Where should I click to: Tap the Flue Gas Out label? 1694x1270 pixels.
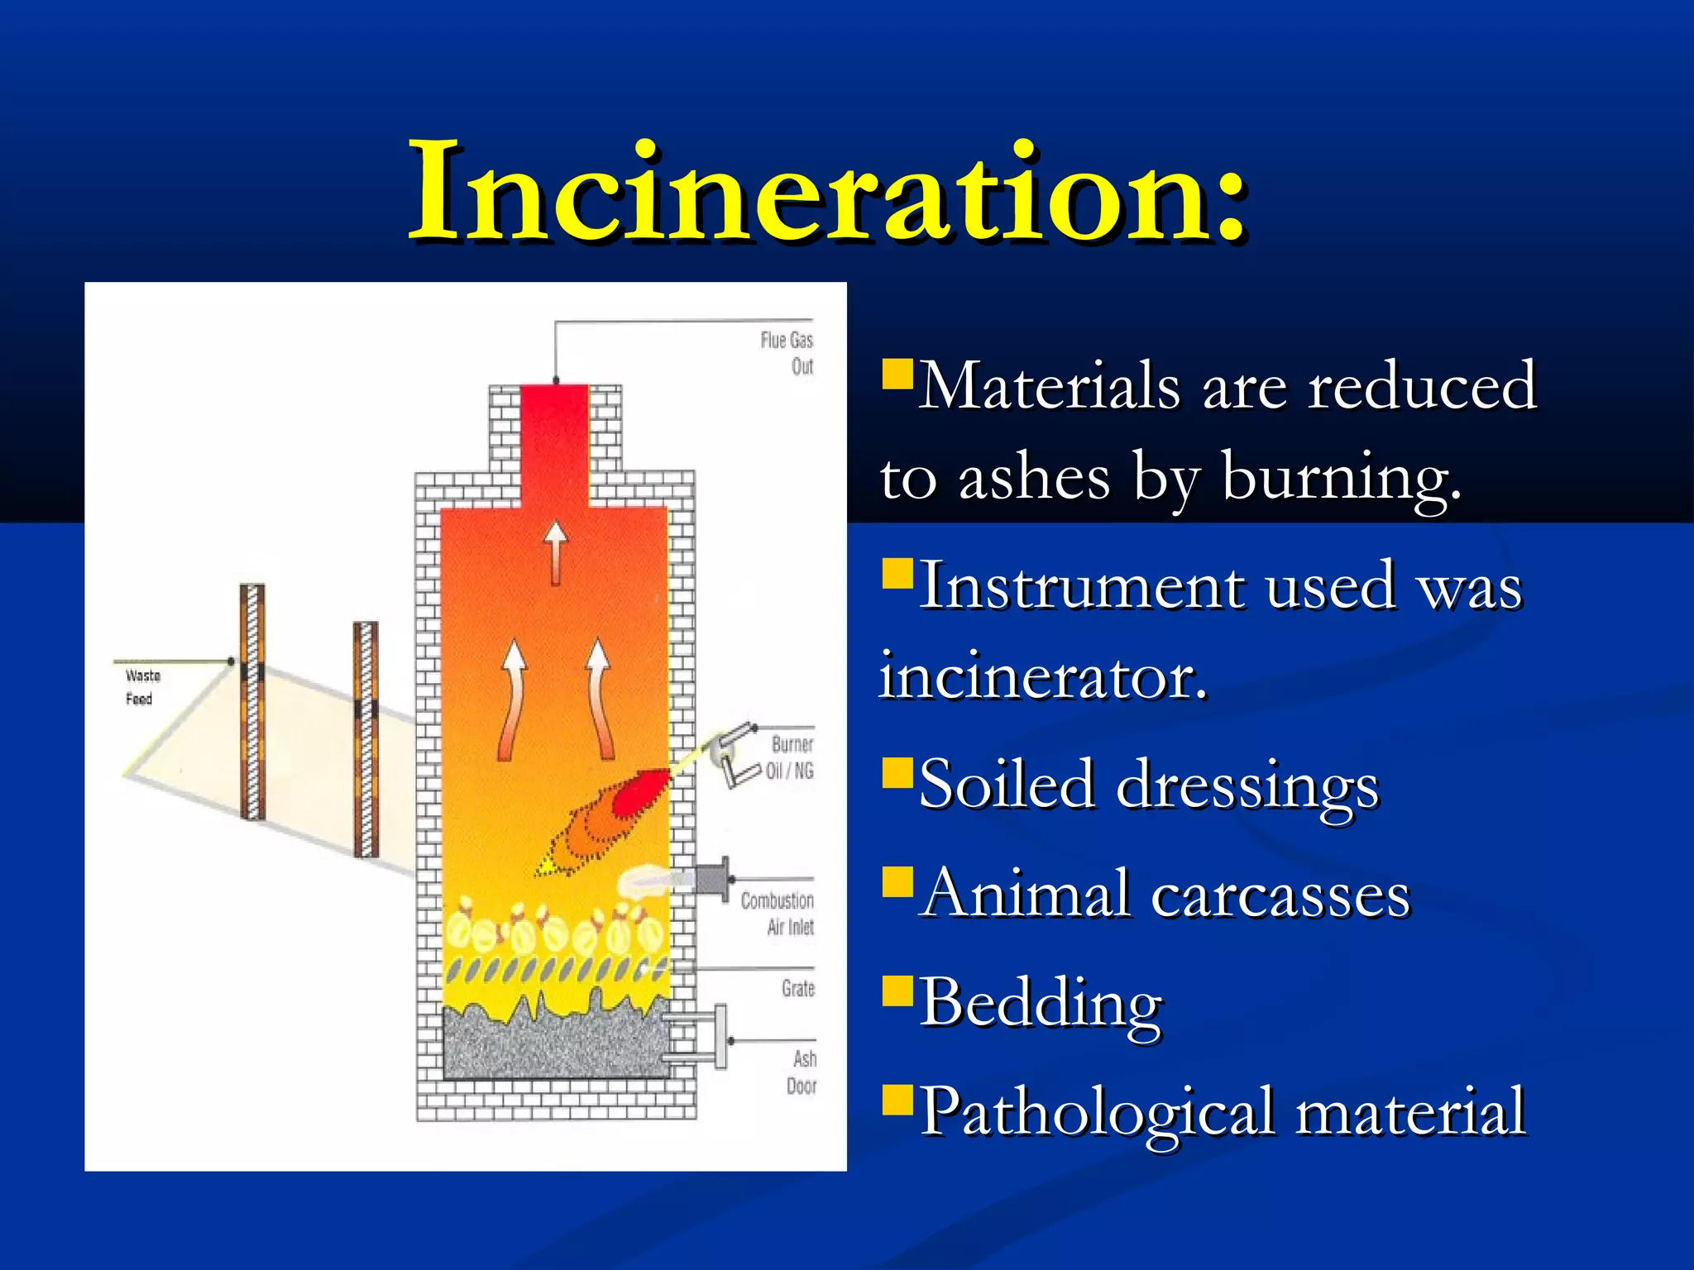[x=787, y=353]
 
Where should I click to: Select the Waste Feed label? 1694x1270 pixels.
[x=141, y=687]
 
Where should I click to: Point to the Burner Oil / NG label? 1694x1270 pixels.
[x=791, y=757]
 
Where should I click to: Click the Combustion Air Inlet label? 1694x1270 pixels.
[x=778, y=913]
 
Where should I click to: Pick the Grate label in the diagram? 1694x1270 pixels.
[x=798, y=988]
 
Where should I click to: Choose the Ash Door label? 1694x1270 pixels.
[x=802, y=1072]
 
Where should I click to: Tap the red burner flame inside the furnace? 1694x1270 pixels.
[x=641, y=792]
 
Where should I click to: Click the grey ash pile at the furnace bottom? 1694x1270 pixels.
[x=554, y=1046]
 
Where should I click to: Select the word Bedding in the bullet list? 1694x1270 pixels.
[x=1041, y=1003]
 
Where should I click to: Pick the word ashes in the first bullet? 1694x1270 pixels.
[x=1034, y=477]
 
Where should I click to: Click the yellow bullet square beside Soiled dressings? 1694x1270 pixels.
[x=897, y=773]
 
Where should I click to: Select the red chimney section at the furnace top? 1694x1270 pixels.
[x=554, y=442]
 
